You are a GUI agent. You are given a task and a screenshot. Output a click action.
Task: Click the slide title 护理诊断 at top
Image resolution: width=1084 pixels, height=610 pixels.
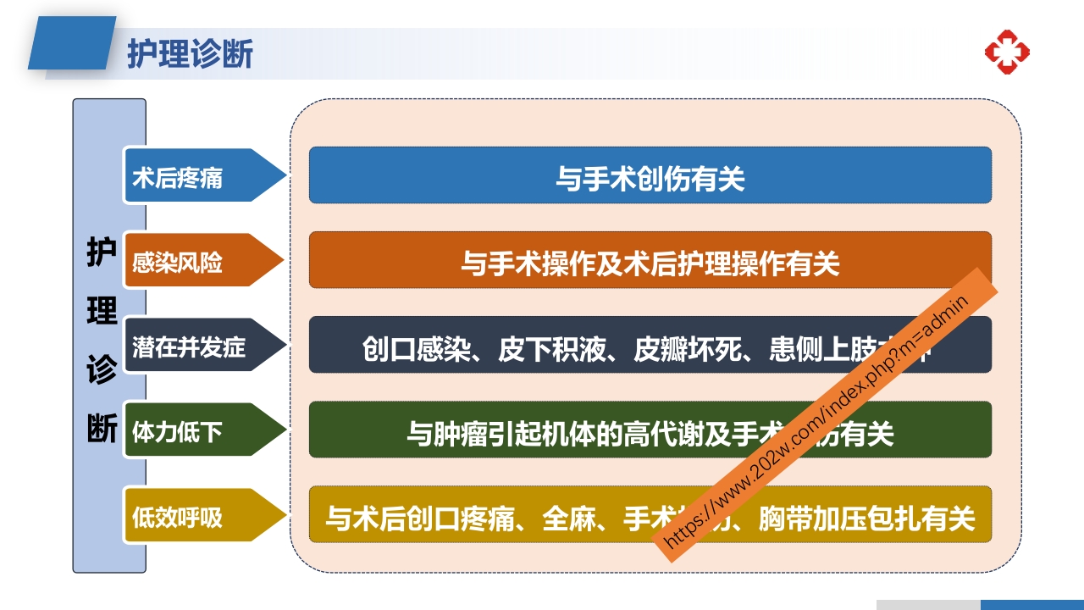click(190, 53)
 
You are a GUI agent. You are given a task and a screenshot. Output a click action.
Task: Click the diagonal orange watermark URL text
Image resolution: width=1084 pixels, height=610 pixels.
click(825, 415)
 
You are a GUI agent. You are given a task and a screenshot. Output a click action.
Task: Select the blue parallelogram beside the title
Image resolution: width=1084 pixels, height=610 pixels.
click(72, 43)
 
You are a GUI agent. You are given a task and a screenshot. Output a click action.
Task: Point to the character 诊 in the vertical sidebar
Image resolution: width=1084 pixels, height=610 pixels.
click(102, 369)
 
